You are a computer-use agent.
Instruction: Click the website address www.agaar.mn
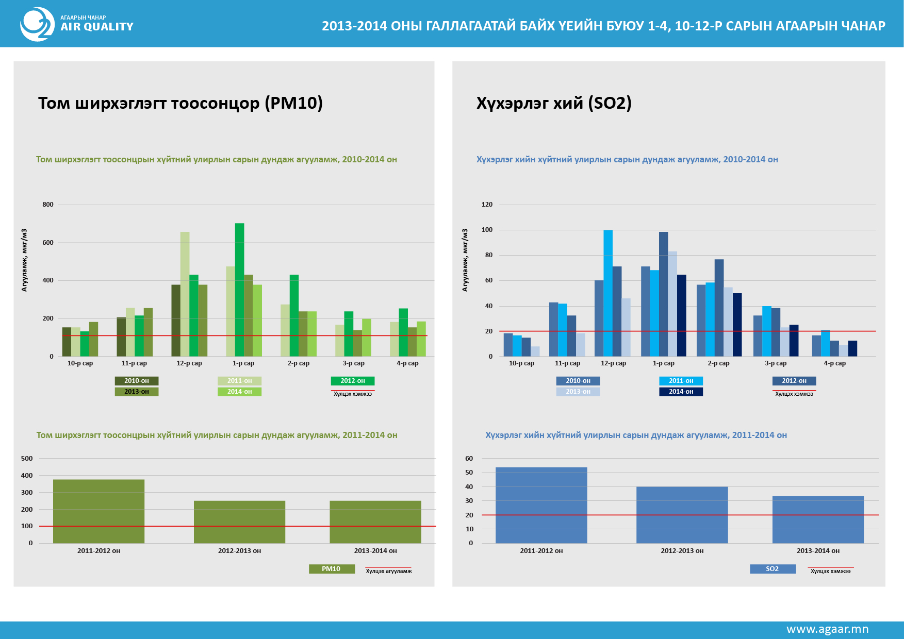(x=827, y=629)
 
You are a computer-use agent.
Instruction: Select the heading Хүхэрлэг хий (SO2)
(x=554, y=103)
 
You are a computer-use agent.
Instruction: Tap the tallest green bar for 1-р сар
(x=239, y=289)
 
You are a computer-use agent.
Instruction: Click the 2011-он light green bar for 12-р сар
(x=185, y=294)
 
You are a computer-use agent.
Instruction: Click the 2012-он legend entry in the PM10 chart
(x=353, y=381)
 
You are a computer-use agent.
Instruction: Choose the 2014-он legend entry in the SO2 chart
(x=681, y=392)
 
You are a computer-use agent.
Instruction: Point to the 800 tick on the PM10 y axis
(x=48, y=205)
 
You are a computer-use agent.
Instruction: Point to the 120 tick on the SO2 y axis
(x=487, y=205)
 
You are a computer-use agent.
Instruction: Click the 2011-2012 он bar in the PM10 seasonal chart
(x=98, y=511)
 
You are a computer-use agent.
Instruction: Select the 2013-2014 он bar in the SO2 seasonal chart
(x=818, y=519)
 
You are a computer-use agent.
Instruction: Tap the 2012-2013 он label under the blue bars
(x=682, y=551)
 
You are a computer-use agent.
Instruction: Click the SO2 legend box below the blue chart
(x=772, y=569)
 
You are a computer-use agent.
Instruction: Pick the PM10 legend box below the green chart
(x=331, y=569)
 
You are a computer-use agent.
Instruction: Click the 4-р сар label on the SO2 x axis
(x=834, y=363)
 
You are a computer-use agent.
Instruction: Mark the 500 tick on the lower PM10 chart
(x=27, y=459)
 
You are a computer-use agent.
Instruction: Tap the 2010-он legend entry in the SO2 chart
(x=578, y=381)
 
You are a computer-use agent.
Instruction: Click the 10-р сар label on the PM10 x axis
(x=80, y=363)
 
